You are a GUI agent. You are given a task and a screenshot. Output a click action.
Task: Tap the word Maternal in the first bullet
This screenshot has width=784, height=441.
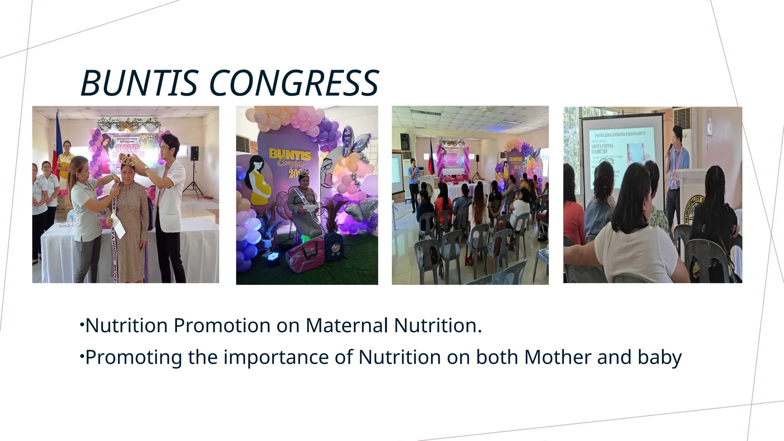coord(347,325)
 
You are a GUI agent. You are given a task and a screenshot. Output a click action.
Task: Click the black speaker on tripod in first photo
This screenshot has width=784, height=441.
coord(194,154)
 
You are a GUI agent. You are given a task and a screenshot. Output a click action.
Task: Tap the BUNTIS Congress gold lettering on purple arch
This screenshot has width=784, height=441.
coord(290,159)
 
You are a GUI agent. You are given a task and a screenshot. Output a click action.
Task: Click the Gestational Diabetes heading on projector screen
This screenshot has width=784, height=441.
coord(602,148)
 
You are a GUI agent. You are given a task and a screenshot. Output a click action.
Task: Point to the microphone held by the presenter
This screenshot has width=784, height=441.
coord(670,149)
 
